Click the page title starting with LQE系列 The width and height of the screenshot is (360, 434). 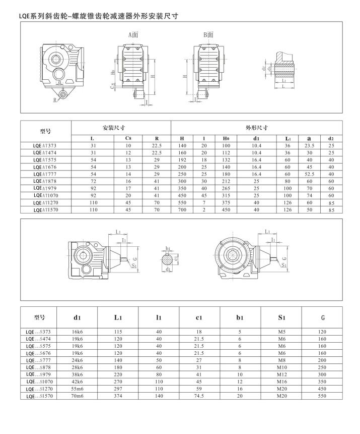click(99, 16)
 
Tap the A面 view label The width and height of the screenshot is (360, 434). click(133, 35)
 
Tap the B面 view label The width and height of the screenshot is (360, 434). click(208, 35)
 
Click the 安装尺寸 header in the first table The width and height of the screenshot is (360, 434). click(114, 128)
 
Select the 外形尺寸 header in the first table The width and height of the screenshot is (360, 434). click(256, 128)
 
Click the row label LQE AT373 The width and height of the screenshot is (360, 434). click(45, 145)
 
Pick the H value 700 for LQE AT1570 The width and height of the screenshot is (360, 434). click(182, 210)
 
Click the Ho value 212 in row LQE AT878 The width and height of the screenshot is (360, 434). click(226, 182)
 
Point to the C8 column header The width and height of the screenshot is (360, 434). click(128, 138)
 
